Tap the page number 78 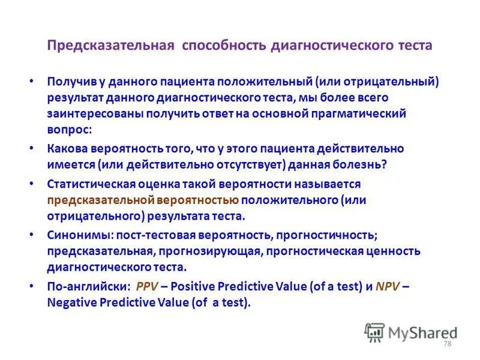(x=446, y=343)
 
